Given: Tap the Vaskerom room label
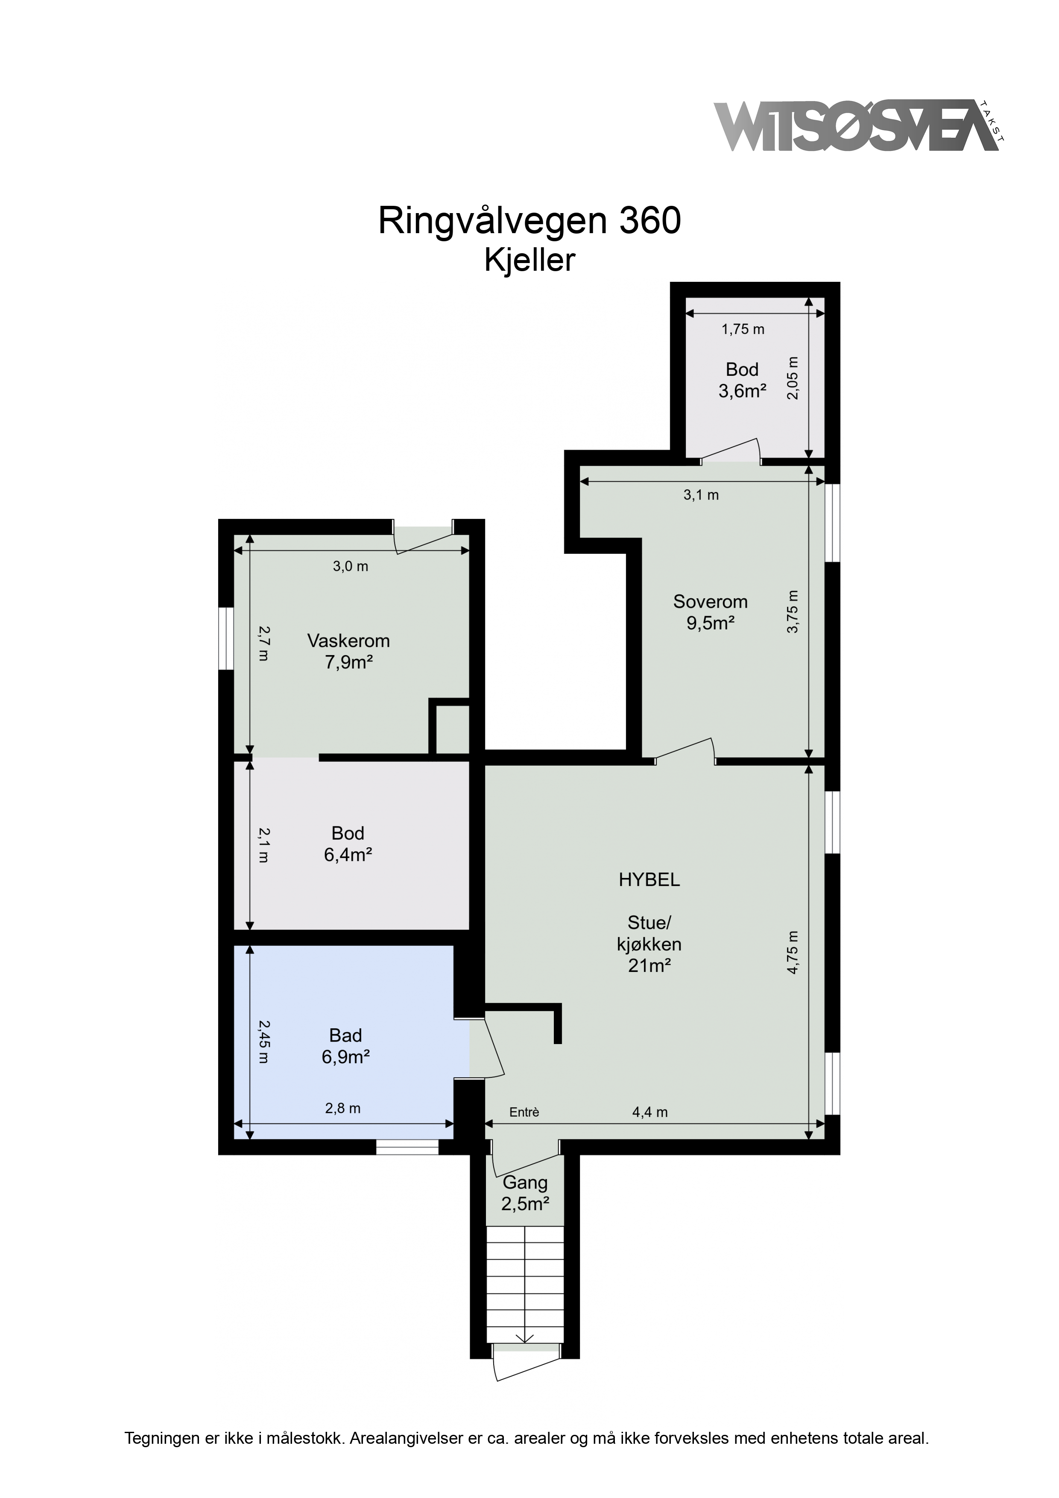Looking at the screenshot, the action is point(348,641).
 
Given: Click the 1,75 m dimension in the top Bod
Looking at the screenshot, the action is point(743,330).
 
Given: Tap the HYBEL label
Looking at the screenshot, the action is point(649,880).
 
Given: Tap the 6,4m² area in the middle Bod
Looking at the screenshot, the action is point(348,855).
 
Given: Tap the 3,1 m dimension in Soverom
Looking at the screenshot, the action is point(702,495).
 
